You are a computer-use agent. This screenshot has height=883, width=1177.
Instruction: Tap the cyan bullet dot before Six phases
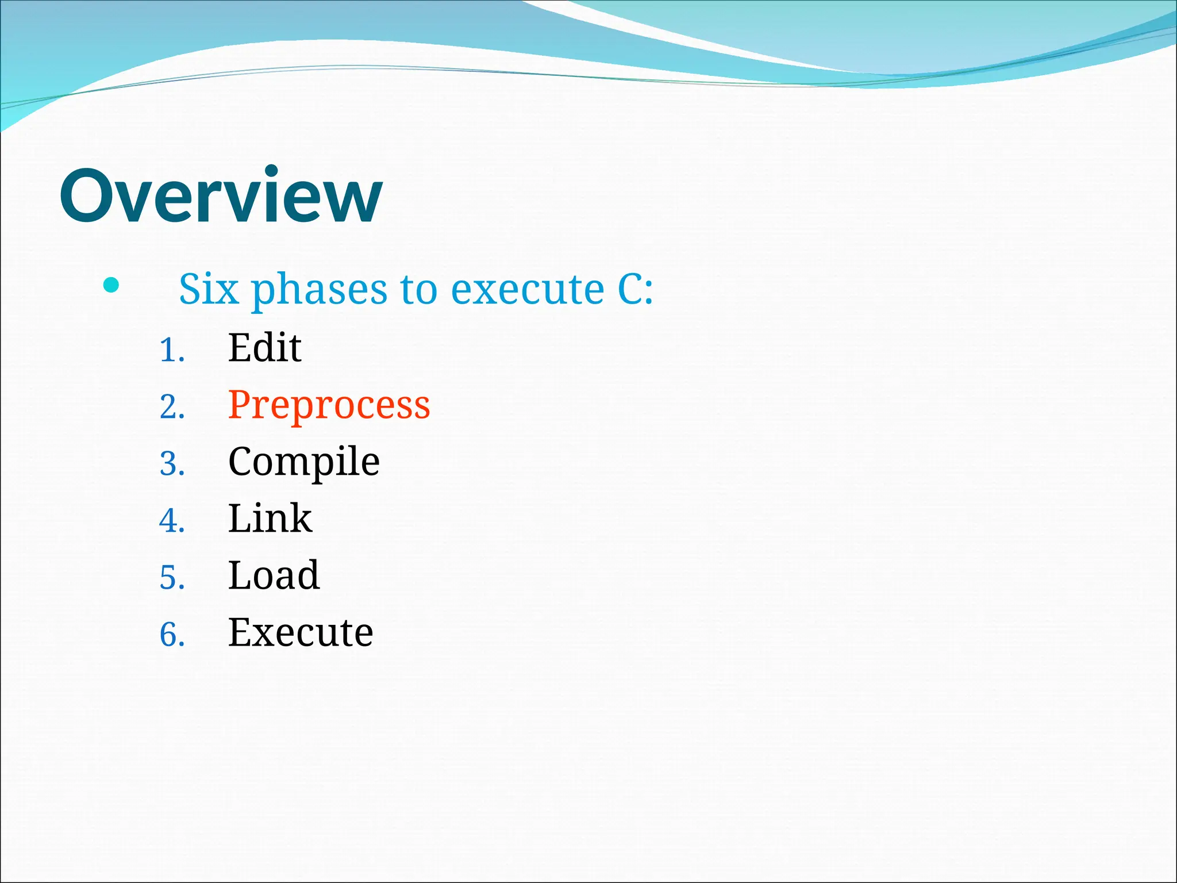click(x=111, y=285)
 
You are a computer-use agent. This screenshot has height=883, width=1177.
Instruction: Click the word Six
click(x=209, y=289)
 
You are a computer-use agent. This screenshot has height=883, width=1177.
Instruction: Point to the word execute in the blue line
click(x=527, y=290)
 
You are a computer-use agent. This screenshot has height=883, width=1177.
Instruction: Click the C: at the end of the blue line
click(x=635, y=289)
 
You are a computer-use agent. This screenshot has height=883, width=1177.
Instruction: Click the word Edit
click(x=264, y=348)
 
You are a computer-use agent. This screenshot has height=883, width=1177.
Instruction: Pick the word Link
click(x=270, y=519)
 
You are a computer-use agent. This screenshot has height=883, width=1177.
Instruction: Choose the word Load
click(x=274, y=575)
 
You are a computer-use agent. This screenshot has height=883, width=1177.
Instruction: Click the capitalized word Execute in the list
click(x=301, y=632)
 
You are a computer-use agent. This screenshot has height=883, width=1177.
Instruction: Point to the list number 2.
click(x=171, y=408)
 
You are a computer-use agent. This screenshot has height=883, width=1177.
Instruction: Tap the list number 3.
click(x=171, y=464)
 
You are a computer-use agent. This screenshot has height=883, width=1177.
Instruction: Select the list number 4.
click(x=171, y=521)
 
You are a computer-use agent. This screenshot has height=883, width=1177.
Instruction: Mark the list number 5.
click(x=171, y=578)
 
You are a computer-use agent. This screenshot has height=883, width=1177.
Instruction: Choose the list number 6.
click(x=171, y=635)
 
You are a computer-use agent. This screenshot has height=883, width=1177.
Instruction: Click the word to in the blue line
click(x=419, y=290)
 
